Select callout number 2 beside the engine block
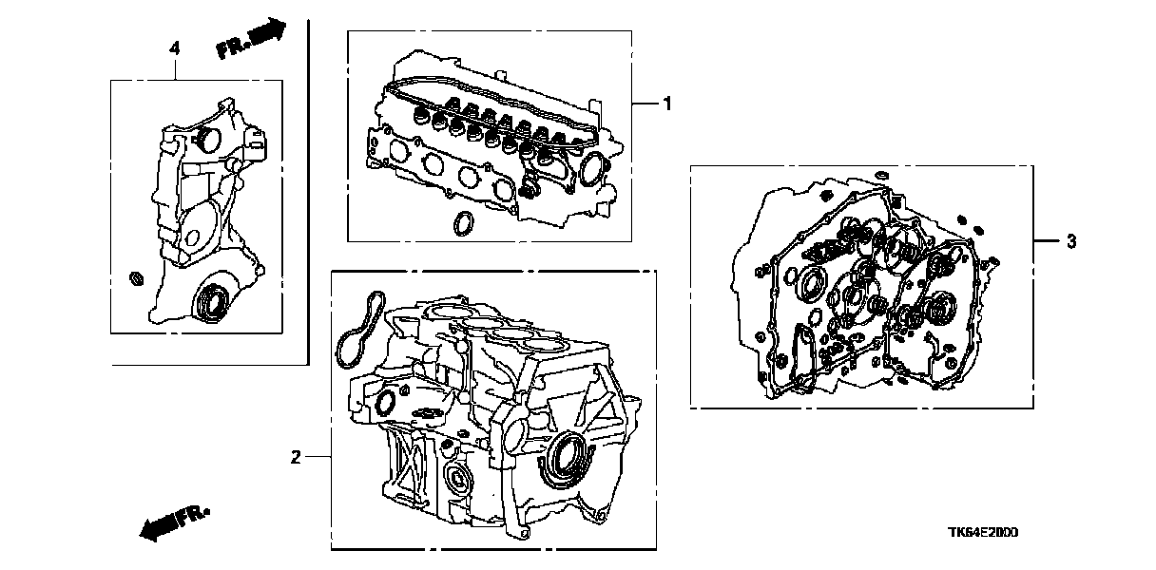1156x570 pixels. click(x=296, y=458)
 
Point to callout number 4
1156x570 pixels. click(x=174, y=47)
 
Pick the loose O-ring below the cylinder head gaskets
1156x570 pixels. click(x=463, y=223)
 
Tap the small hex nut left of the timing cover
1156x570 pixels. click(x=136, y=278)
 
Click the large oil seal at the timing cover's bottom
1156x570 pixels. click(x=210, y=301)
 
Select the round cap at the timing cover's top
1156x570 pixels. click(x=207, y=141)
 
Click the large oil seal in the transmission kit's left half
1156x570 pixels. click(x=813, y=283)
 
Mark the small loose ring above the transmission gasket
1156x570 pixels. click(x=881, y=173)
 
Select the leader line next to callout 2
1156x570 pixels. click(x=318, y=458)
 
